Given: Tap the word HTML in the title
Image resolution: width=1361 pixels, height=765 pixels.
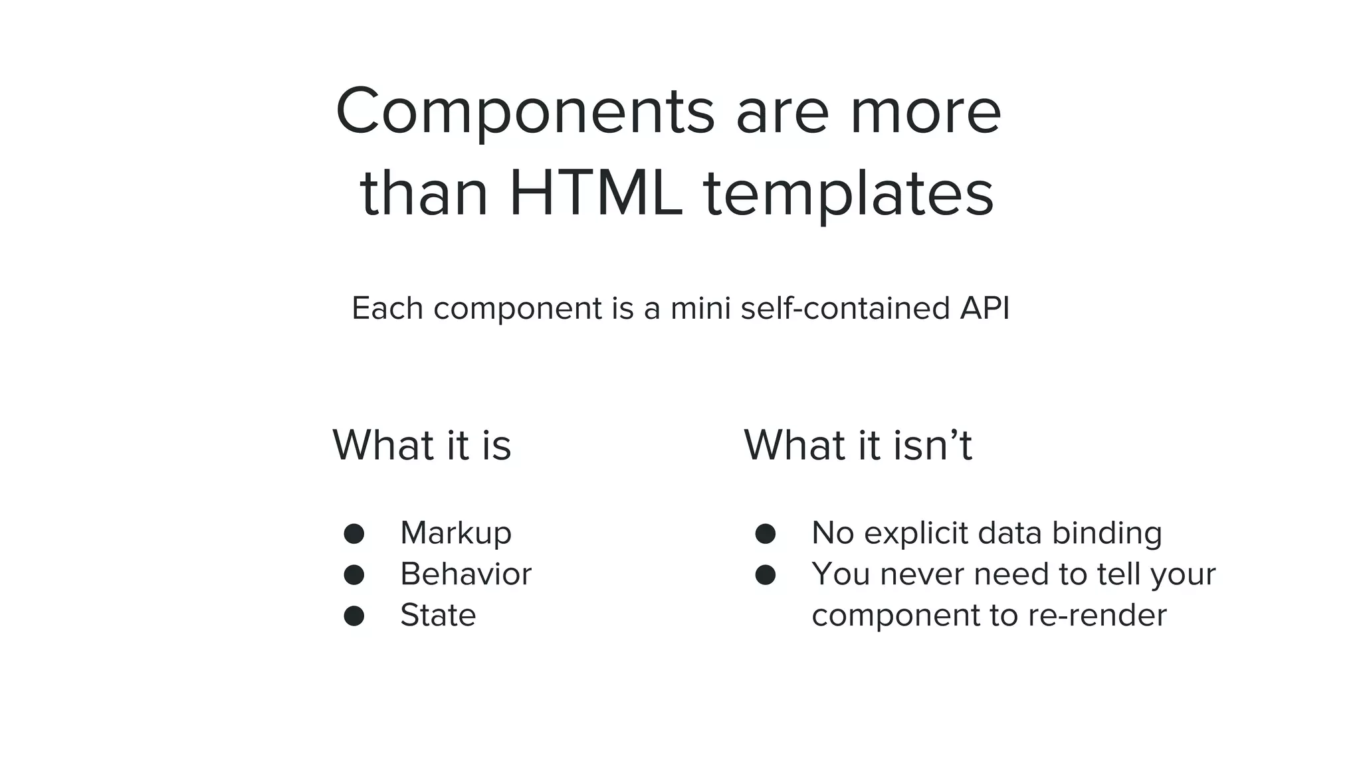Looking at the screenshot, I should pyautogui.click(x=595, y=195).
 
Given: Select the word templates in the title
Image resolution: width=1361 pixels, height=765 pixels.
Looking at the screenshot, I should pyautogui.click(x=848, y=195).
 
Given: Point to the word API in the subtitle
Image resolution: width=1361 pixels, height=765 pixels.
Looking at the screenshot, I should pyautogui.click(x=984, y=308).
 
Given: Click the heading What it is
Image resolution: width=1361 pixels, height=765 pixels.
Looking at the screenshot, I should pyautogui.click(x=421, y=445).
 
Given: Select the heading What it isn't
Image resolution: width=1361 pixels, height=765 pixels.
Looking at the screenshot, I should pyautogui.click(x=857, y=445).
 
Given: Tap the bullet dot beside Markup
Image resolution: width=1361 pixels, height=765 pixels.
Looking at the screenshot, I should pyautogui.click(x=354, y=534).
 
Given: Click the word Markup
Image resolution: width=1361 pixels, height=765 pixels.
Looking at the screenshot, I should pyautogui.click(x=456, y=533).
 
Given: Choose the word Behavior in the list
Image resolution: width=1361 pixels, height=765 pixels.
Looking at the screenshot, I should pyautogui.click(x=465, y=574).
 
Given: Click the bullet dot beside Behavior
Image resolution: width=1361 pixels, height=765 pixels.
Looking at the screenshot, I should pyautogui.click(x=354, y=575).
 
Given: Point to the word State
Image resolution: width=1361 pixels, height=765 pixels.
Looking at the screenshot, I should pyautogui.click(x=438, y=616).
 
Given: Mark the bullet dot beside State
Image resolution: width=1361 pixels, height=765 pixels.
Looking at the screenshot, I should pyautogui.click(x=354, y=616).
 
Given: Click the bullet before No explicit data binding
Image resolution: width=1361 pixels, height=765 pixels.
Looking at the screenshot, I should pyautogui.click(x=765, y=534).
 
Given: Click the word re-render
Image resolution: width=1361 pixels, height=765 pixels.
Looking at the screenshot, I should pyautogui.click(x=1097, y=616).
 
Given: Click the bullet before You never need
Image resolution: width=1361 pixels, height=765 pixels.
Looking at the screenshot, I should pyautogui.click(x=765, y=575).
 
